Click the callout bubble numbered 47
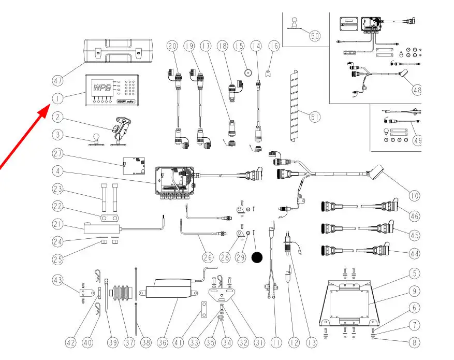click(x=58, y=80)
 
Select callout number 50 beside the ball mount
click(x=314, y=35)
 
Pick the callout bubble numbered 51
click(x=315, y=117)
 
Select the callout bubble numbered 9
click(x=414, y=290)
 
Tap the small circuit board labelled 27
click(x=134, y=165)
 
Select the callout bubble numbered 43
click(x=58, y=280)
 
